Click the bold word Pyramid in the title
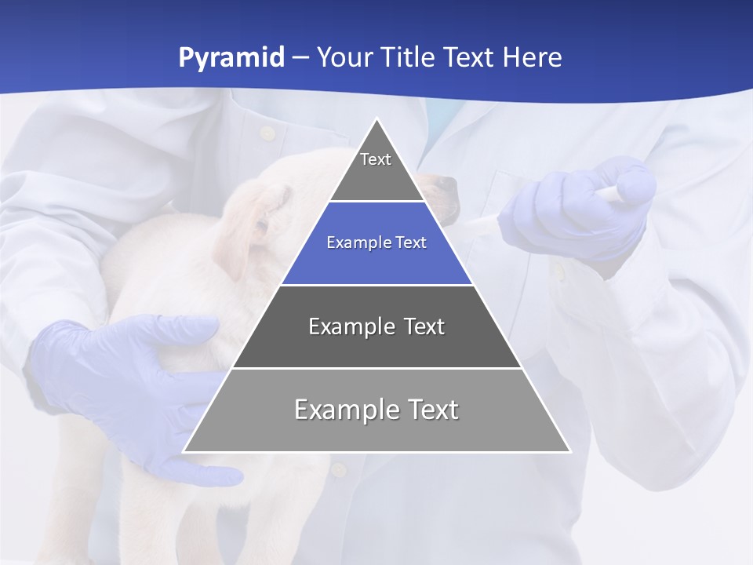(231, 58)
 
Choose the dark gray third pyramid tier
(376, 337)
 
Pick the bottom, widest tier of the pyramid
(376, 424)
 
